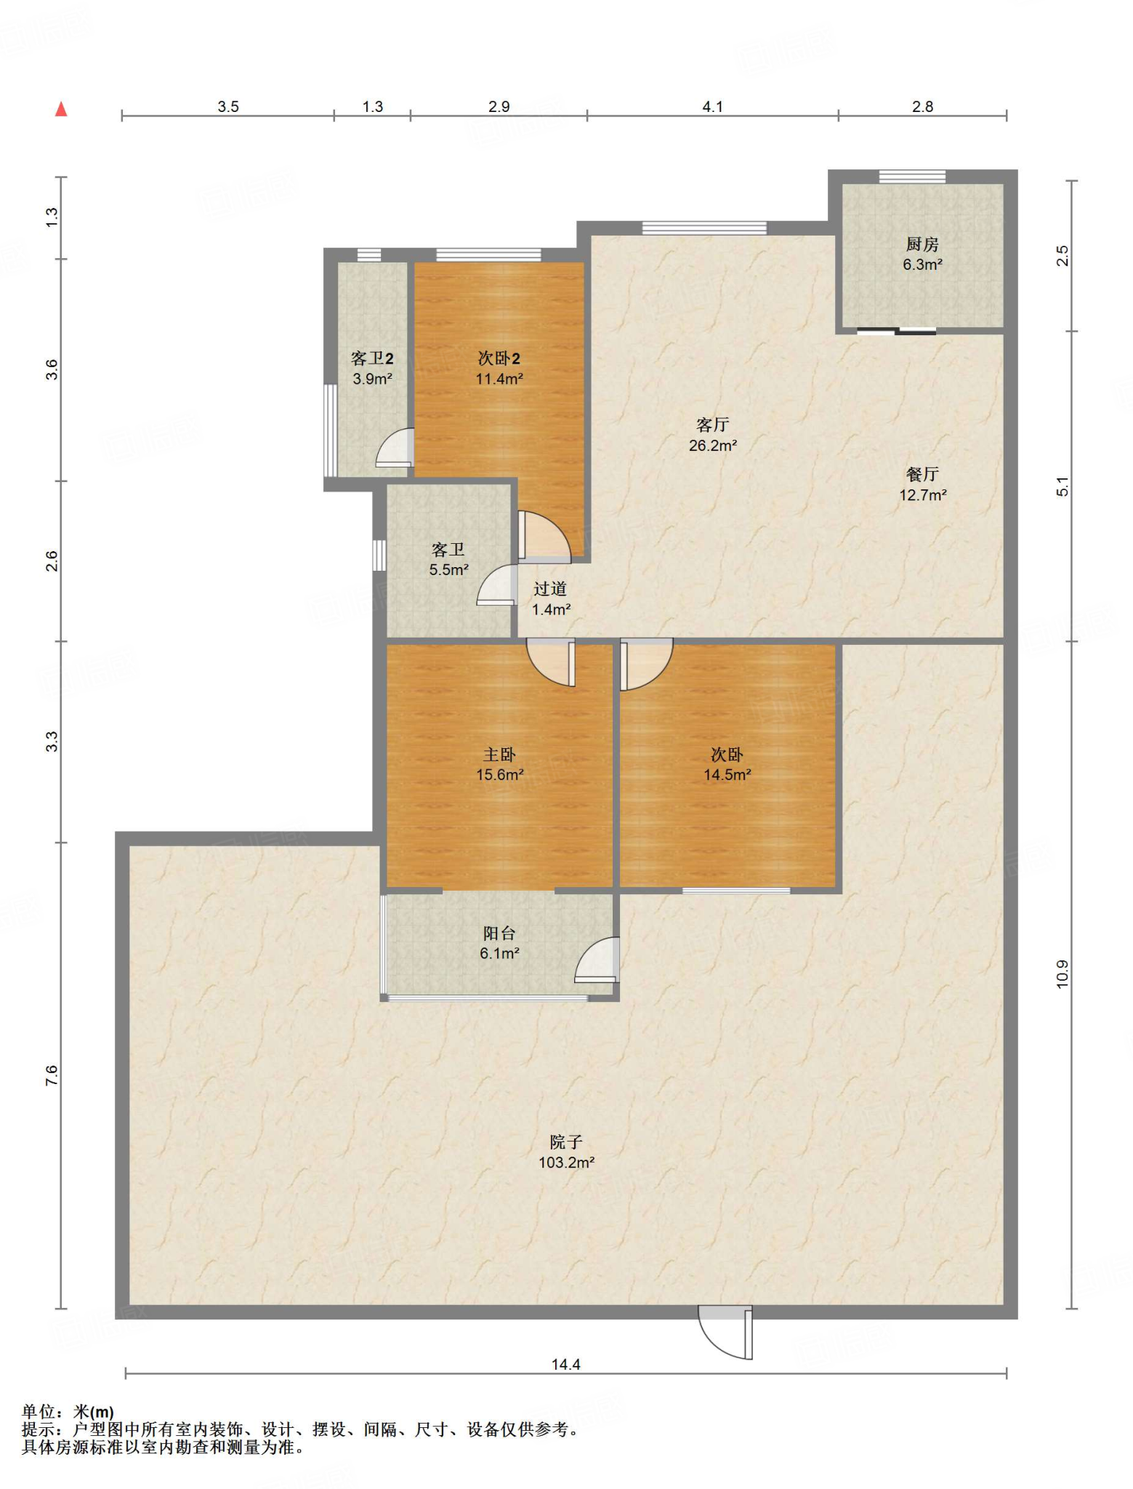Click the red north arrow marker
click(61, 109)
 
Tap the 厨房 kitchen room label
click(922, 244)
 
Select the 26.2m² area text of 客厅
click(712, 446)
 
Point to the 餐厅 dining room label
click(922, 475)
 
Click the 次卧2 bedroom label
click(499, 358)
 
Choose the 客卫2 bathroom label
click(372, 358)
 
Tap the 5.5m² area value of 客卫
click(448, 570)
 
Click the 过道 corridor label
click(550, 589)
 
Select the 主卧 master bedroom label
click(499, 755)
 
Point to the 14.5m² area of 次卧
click(727, 775)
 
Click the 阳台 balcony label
click(499, 933)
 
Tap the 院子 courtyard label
click(566, 1141)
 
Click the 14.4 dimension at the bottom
click(565, 1365)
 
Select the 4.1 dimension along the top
click(712, 107)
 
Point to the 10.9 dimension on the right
click(1063, 974)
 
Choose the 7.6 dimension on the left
click(51, 1075)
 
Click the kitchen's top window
click(912, 176)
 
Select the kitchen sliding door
click(896, 332)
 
